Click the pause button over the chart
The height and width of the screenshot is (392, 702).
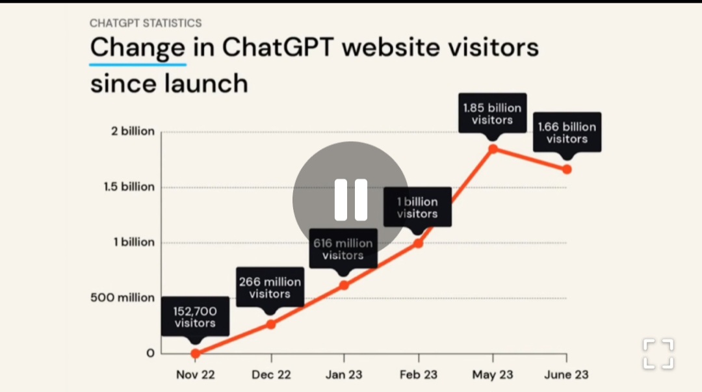coord(351,200)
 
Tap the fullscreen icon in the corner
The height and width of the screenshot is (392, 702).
coord(658,354)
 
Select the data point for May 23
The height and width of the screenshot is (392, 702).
coord(493,149)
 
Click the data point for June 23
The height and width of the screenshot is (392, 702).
coord(567,169)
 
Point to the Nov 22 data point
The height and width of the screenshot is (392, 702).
coord(196,354)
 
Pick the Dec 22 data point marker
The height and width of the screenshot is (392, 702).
coord(270,324)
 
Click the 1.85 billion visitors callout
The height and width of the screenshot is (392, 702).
coord(492,114)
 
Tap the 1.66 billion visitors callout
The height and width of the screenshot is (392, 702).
coord(567,133)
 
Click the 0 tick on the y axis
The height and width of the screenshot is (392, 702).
coord(150,353)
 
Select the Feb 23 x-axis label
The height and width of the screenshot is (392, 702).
coord(418,375)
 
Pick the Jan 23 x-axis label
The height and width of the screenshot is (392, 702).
coord(344,375)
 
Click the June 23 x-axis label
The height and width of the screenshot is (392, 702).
coord(567,375)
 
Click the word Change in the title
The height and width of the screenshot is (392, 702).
coord(137,49)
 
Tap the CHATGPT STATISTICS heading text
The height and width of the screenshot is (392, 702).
coord(146,23)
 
